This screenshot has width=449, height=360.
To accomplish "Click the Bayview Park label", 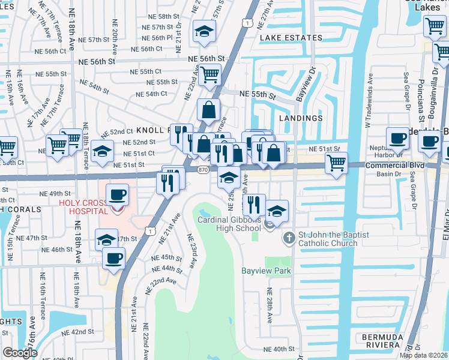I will click(266, 271).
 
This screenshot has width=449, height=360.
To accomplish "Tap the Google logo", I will click(20, 353).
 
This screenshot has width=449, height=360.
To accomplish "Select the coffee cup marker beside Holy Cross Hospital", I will click(118, 195).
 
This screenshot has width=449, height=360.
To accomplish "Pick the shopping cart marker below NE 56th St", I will click(209, 75).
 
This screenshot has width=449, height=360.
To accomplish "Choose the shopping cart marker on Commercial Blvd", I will click(336, 162).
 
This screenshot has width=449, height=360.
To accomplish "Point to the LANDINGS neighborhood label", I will click(301, 118).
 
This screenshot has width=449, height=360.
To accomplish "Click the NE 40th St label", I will click(279, 349).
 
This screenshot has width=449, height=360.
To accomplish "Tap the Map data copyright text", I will click(423, 355).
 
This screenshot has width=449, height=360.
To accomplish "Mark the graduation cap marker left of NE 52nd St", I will click(102, 151).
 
